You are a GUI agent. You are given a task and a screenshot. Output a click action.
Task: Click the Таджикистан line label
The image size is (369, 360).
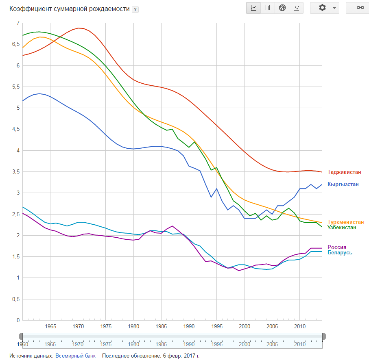[x=344, y=172]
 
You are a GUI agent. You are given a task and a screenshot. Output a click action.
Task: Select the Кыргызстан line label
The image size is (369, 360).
[x=343, y=184]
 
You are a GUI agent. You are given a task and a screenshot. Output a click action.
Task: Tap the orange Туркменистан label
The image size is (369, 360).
[x=345, y=222]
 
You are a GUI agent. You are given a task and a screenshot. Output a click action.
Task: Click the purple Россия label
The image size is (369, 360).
[x=337, y=247]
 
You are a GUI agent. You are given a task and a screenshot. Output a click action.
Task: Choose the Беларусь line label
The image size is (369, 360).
[x=340, y=253]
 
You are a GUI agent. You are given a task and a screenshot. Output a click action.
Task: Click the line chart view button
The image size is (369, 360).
[x=254, y=8]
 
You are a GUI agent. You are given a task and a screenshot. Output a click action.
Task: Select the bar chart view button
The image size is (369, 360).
[x=268, y=8]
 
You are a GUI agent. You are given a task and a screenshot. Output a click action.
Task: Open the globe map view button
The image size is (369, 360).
[x=282, y=8]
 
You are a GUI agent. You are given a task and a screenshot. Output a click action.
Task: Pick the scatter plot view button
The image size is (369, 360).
[x=296, y=8]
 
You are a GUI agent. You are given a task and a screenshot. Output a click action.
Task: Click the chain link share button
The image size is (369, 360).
[x=360, y=8]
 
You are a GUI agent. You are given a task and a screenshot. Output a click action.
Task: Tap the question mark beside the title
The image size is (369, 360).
[x=135, y=10]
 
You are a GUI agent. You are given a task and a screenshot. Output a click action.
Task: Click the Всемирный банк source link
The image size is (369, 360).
[x=75, y=356]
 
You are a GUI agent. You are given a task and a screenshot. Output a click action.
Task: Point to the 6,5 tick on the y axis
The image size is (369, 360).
[x=15, y=44]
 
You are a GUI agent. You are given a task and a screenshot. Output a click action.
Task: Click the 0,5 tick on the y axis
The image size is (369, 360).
[x=15, y=299]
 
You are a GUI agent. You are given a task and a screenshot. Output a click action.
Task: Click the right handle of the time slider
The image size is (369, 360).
[x=324, y=336]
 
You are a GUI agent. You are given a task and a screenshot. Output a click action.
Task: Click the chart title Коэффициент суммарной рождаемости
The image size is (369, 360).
[x=69, y=9]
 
